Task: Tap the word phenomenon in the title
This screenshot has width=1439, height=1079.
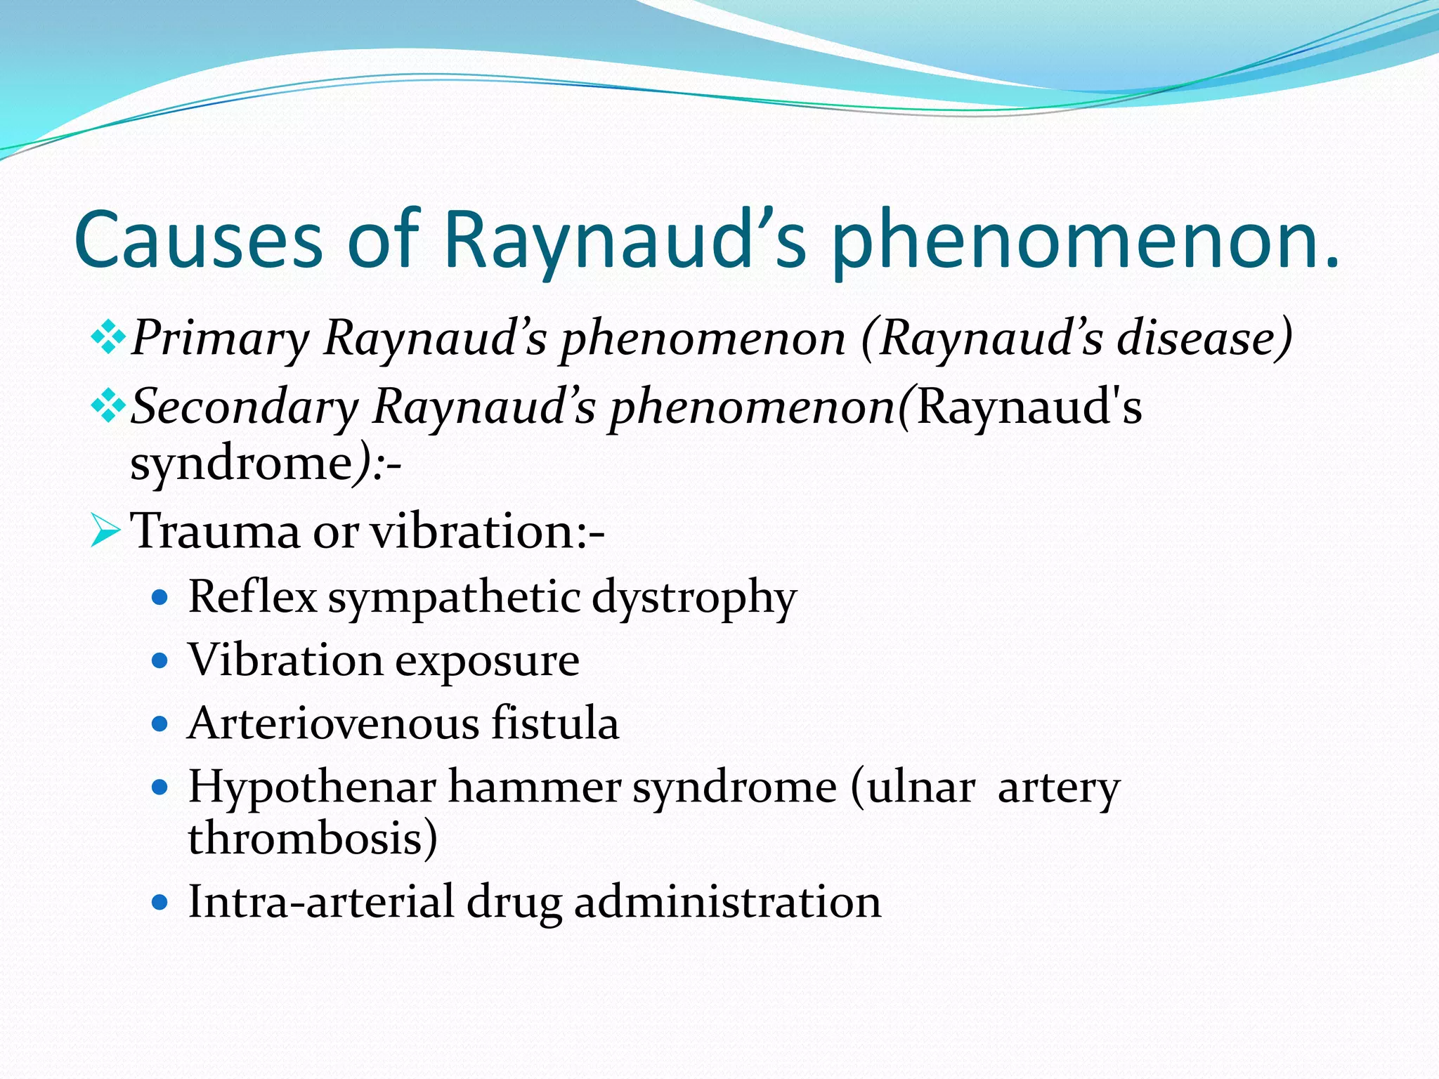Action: point(1086,240)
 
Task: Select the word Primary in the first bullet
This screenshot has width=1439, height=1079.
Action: point(220,339)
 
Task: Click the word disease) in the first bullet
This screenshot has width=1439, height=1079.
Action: point(1204,339)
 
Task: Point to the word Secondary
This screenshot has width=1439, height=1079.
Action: point(245,407)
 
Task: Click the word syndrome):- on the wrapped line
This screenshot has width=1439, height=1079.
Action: point(266,464)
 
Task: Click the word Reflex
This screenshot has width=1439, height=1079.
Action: point(252,598)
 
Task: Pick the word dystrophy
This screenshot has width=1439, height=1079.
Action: point(694,598)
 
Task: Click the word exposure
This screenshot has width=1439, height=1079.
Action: point(487,660)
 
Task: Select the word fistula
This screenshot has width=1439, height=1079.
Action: point(555,724)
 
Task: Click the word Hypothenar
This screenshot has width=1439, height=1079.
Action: point(312,787)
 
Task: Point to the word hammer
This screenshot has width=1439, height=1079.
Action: point(534,787)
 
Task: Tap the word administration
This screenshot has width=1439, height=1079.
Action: point(727,902)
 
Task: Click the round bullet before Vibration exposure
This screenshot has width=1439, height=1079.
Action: point(161,661)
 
